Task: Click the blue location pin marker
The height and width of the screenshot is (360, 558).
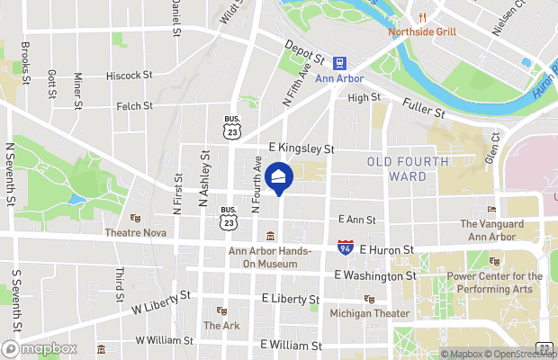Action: [x=279, y=177]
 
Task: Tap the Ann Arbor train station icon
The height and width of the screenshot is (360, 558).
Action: [x=340, y=63]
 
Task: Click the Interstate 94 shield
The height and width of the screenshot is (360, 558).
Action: [x=345, y=247]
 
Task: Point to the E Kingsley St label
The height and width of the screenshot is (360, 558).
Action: [x=301, y=148]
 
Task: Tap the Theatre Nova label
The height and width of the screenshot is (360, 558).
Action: [x=135, y=231]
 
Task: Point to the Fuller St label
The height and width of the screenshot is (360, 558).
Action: [x=424, y=108]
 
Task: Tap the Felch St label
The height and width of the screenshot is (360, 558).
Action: [x=135, y=106]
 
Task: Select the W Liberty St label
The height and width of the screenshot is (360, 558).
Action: [x=161, y=301]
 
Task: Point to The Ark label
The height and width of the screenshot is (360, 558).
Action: [x=220, y=325]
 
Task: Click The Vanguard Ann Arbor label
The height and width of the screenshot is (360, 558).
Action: [x=490, y=229]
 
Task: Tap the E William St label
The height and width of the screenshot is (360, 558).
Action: [x=291, y=345]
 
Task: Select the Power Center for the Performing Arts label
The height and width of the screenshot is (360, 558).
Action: [x=495, y=283]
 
